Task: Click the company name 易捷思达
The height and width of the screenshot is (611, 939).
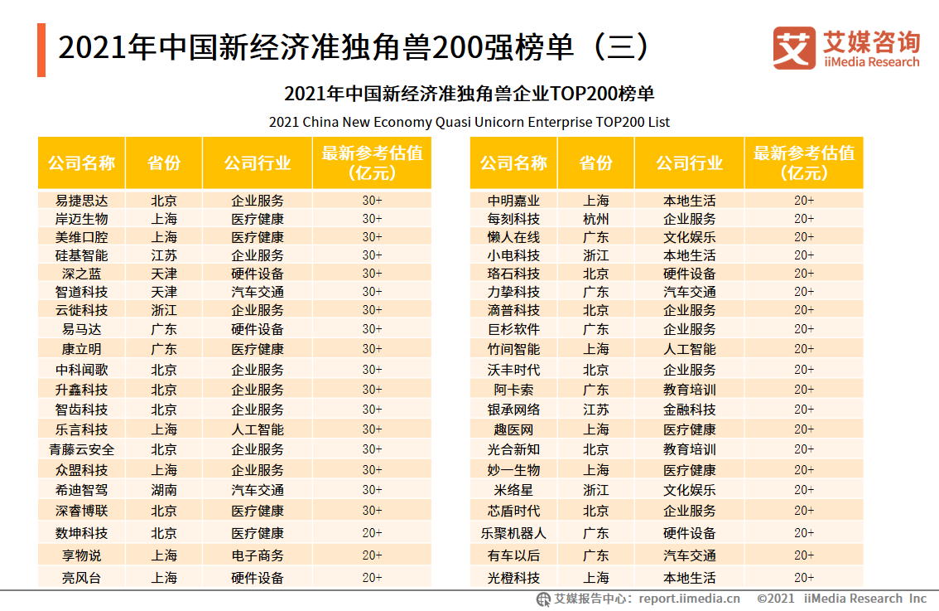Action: click(x=81, y=201)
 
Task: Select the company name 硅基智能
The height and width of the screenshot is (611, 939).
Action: click(x=81, y=255)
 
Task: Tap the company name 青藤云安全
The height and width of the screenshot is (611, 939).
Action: click(x=81, y=449)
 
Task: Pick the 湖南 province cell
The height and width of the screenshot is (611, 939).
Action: click(x=164, y=490)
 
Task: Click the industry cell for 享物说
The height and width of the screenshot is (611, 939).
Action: click(x=258, y=555)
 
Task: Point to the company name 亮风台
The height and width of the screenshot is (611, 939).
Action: click(x=81, y=578)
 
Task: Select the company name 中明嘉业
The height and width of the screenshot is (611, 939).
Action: click(x=513, y=201)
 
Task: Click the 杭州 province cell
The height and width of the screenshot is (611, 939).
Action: click(x=596, y=219)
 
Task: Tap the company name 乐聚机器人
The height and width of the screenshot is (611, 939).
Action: click(x=513, y=533)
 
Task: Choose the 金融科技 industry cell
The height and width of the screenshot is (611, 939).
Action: click(x=690, y=410)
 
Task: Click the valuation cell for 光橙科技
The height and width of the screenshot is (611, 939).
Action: click(x=804, y=578)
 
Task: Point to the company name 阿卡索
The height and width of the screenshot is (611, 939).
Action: click(x=513, y=390)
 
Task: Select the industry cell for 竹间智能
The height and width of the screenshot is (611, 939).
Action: click(x=690, y=349)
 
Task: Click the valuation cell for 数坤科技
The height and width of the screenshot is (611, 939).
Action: click(x=372, y=533)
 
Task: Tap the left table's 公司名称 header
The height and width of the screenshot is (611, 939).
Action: click(x=81, y=163)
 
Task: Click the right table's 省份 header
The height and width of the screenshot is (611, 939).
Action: click(x=596, y=163)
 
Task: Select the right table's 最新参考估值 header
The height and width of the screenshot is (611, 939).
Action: click(x=804, y=163)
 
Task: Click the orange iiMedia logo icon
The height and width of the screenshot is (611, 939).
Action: click(x=793, y=48)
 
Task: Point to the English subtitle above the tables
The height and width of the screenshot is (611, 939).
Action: click(x=469, y=122)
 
